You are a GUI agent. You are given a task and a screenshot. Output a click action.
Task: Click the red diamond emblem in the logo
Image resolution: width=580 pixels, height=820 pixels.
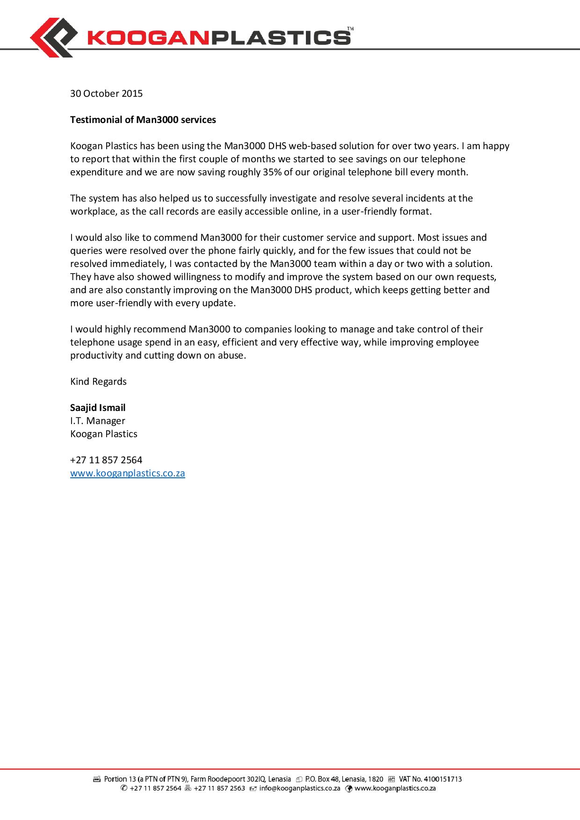pyautogui.click(x=53, y=37)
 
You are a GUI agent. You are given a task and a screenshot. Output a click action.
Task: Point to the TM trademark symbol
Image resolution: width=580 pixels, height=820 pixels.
pyautogui.click(x=350, y=29)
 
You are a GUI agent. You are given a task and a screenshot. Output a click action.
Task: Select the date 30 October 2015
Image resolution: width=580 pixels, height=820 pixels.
pyautogui.click(x=106, y=94)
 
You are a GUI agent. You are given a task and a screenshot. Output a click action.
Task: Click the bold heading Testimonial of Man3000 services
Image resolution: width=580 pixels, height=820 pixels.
pyautogui.click(x=143, y=120)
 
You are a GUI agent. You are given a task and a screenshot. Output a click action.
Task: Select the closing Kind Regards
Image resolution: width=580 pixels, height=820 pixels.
pyautogui.click(x=98, y=381)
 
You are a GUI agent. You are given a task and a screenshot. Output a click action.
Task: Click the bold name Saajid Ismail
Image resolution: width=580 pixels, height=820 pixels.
pyautogui.click(x=98, y=408)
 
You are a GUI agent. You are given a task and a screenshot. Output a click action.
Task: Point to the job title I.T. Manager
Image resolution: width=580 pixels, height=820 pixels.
pyautogui.click(x=97, y=421)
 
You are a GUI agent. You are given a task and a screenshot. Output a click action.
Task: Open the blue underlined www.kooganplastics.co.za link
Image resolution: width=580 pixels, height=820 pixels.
pyautogui.click(x=128, y=473)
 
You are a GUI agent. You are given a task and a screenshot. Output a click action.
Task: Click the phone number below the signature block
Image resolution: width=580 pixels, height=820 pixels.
pyautogui.click(x=106, y=460)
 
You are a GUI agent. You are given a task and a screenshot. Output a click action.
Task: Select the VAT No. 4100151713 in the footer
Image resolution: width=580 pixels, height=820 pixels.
pyautogui.click(x=430, y=779)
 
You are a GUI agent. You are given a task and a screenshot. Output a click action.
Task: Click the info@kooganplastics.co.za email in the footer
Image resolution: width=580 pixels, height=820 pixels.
pyautogui.click(x=299, y=788)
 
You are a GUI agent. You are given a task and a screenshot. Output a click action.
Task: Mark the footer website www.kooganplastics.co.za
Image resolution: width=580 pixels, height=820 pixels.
pyautogui.click(x=395, y=788)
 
